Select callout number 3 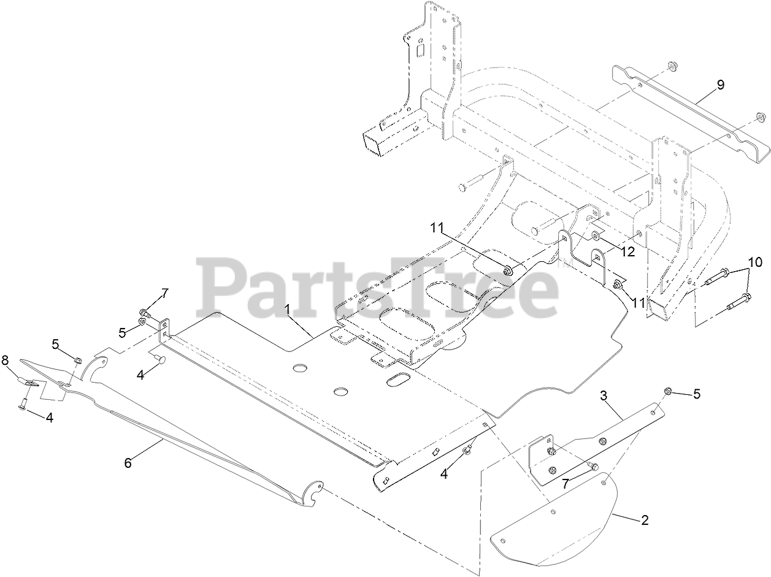point(604,396)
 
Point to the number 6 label point(128,463)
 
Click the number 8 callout point(6,361)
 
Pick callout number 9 point(720,85)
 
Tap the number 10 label point(756,262)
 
